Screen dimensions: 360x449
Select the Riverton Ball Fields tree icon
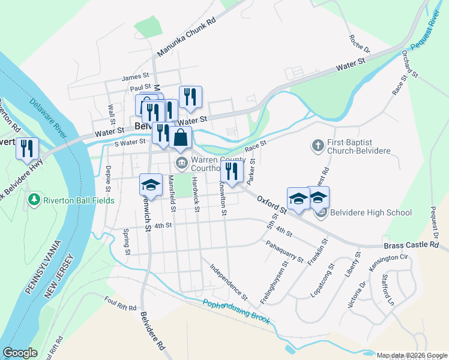click(x=34, y=199)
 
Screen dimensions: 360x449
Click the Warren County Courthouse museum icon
click(x=181, y=163)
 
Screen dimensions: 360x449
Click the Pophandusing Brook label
click(x=236, y=311)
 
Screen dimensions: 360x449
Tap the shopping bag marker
click(x=180, y=137)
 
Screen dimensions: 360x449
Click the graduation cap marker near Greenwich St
click(x=151, y=185)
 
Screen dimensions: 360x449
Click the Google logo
click(x=20, y=353)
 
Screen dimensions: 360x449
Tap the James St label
click(x=134, y=77)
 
